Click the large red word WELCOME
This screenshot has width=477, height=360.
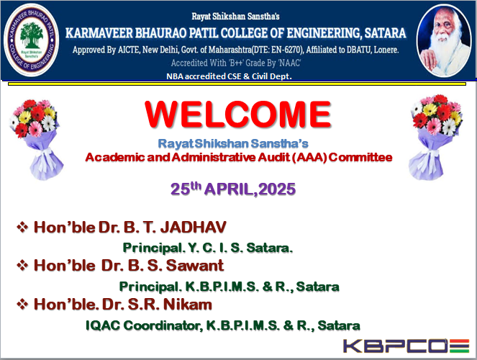pyautogui.click(x=238, y=114)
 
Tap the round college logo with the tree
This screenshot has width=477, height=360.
pyautogui.click(x=32, y=40)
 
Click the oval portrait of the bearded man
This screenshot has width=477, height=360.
pyautogui.click(x=444, y=40)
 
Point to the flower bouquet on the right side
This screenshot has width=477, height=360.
pyautogui.click(x=436, y=137)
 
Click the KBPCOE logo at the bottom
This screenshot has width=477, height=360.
pyautogui.click(x=406, y=346)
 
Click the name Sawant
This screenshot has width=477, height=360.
pyautogui.click(x=195, y=266)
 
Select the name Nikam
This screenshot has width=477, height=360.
pyautogui.click(x=188, y=305)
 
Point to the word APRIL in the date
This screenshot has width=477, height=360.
pyautogui.click(x=229, y=189)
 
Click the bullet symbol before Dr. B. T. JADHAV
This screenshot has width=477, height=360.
pyautogui.click(x=22, y=227)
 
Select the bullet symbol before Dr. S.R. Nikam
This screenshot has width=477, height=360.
pyautogui.click(x=22, y=304)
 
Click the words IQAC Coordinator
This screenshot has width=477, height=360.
pyautogui.click(x=144, y=325)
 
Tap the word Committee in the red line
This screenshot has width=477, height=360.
pyautogui.click(x=360, y=158)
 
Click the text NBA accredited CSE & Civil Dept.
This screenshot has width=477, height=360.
pyautogui.click(x=229, y=76)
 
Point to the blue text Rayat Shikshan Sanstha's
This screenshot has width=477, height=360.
pyautogui.click(x=233, y=143)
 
